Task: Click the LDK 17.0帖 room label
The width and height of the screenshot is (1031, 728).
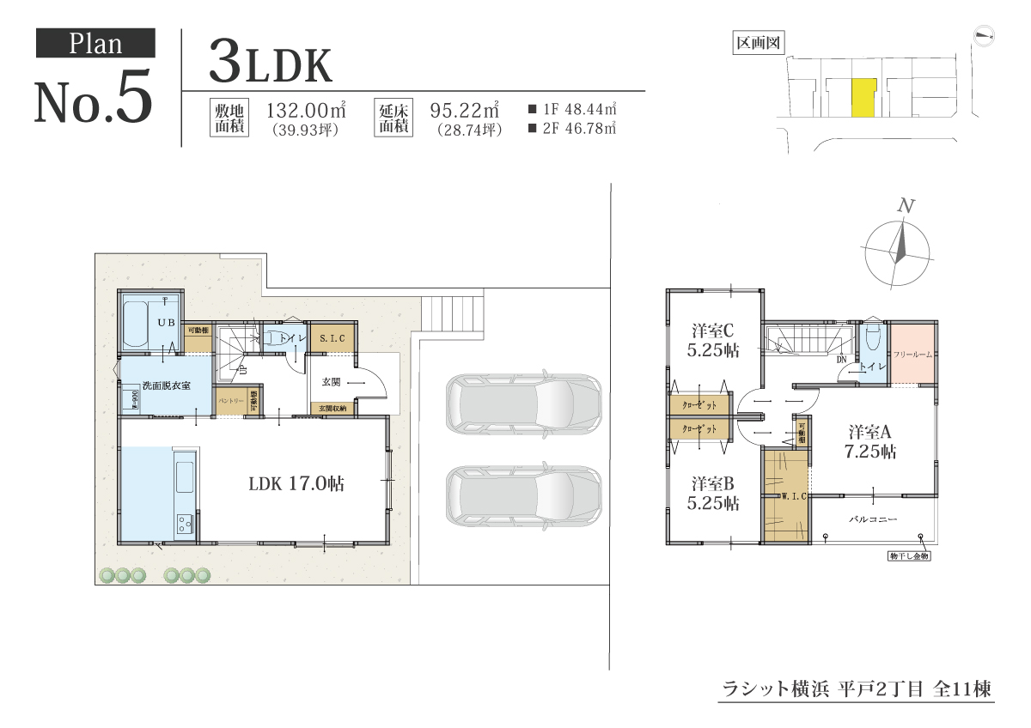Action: (296, 483)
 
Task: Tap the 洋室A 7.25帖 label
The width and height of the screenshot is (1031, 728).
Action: (871, 440)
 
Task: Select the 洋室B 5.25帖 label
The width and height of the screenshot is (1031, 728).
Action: (713, 494)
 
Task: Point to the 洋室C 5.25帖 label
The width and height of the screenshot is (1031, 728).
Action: (713, 340)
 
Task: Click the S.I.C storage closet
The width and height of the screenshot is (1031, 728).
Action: (332, 338)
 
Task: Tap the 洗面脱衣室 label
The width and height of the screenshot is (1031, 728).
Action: (165, 386)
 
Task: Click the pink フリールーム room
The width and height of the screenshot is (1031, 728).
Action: (912, 354)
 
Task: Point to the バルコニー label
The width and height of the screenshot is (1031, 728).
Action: (873, 519)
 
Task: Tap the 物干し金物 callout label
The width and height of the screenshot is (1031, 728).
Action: (910, 556)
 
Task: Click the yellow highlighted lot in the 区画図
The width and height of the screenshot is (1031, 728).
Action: (863, 97)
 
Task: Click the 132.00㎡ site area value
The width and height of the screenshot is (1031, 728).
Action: (306, 111)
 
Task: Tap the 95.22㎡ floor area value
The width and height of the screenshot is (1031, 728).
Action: (465, 111)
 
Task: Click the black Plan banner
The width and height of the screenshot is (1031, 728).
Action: (95, 43)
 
